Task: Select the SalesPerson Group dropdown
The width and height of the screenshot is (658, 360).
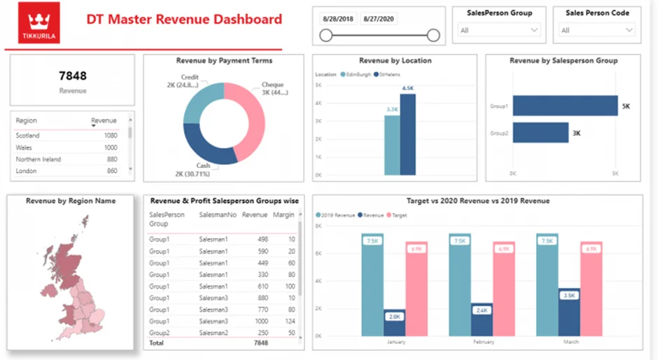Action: pos(499,30)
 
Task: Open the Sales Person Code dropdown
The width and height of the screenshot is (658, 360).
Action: pos(597,30)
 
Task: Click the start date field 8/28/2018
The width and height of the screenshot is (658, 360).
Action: pos(337,19)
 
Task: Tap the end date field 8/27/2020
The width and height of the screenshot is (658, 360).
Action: pos(379,19)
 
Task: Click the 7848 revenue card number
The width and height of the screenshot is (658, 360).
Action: pos(72,76)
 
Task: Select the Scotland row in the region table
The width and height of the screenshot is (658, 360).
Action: pos(28,135)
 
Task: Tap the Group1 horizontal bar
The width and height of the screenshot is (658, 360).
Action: pos(564,106)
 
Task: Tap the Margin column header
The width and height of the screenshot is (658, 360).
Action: pos(283,215)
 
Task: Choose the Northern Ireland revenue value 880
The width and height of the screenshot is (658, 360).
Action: pos(111,159)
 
